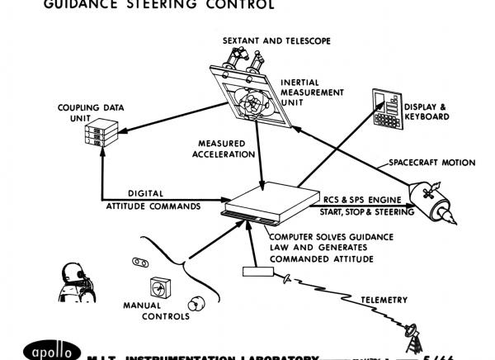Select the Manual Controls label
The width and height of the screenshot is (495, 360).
163,309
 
